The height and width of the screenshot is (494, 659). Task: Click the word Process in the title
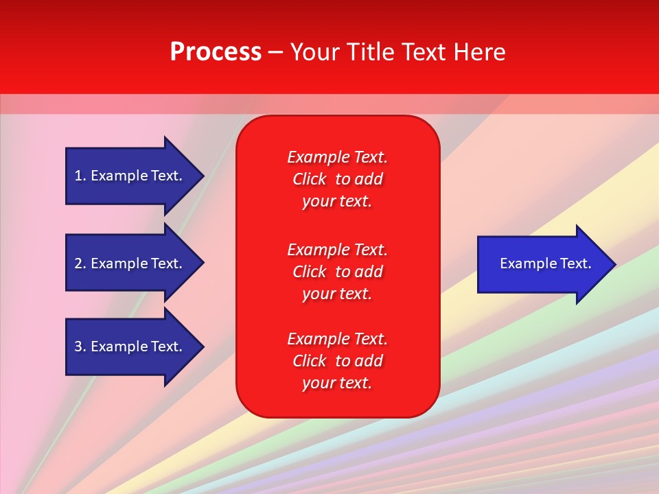[216, 52]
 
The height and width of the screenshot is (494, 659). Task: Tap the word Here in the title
[478, 52]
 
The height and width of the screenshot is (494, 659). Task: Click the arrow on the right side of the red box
[542, 264]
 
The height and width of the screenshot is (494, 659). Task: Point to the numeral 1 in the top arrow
[78, 176]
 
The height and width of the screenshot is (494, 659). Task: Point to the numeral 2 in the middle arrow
[78, 263]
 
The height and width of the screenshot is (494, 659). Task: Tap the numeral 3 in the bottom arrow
[78, 346]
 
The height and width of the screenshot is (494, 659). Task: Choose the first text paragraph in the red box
[337, 179]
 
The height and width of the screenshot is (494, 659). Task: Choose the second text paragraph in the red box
[337, 272]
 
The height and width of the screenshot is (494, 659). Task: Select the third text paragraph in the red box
[337, 361]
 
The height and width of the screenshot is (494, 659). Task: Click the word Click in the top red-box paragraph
[310, 179]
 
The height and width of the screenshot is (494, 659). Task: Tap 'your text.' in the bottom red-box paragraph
[337, 383]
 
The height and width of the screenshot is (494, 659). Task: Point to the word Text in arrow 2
[166, 263]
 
